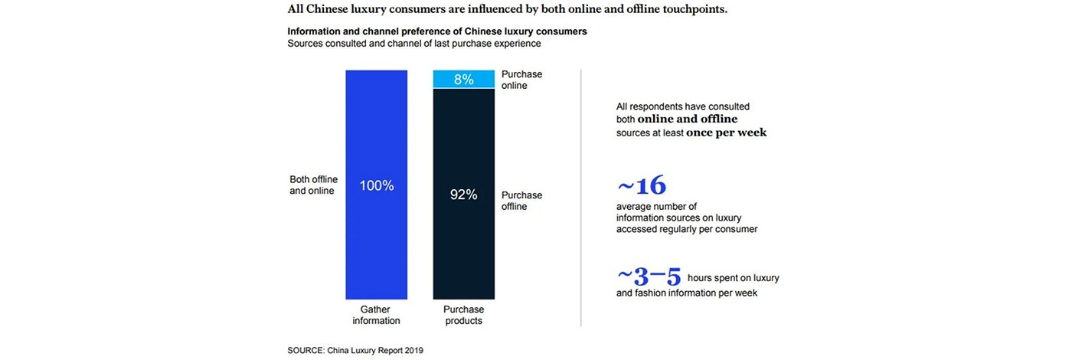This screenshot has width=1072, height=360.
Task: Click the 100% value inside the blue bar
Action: [x=376, y=185]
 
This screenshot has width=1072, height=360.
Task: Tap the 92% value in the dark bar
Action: [x=463, y=195]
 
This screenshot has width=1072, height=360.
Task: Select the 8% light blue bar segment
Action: [x=463, y=79]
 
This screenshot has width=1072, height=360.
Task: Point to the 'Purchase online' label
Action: [x=521, y=80]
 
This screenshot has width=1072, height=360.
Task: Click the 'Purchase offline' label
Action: [x=521, y=201]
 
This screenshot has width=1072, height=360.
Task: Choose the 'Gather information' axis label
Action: [x=376, y=315]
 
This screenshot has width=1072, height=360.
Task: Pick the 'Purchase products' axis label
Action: [x=463, y=315]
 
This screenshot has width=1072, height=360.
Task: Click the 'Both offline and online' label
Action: [x=313, y=185]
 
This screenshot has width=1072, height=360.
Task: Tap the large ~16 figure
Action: [x=642, y=186]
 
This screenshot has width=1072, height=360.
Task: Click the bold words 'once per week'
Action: [x=726, y=133]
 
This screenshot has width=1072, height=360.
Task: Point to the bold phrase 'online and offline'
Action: [x=687, y=119]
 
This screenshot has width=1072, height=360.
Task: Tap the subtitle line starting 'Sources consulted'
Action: [x=414, y=44]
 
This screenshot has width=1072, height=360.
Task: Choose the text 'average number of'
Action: [x=656, y=207]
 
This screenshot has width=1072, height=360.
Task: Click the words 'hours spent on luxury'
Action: [x=733, y=277]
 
